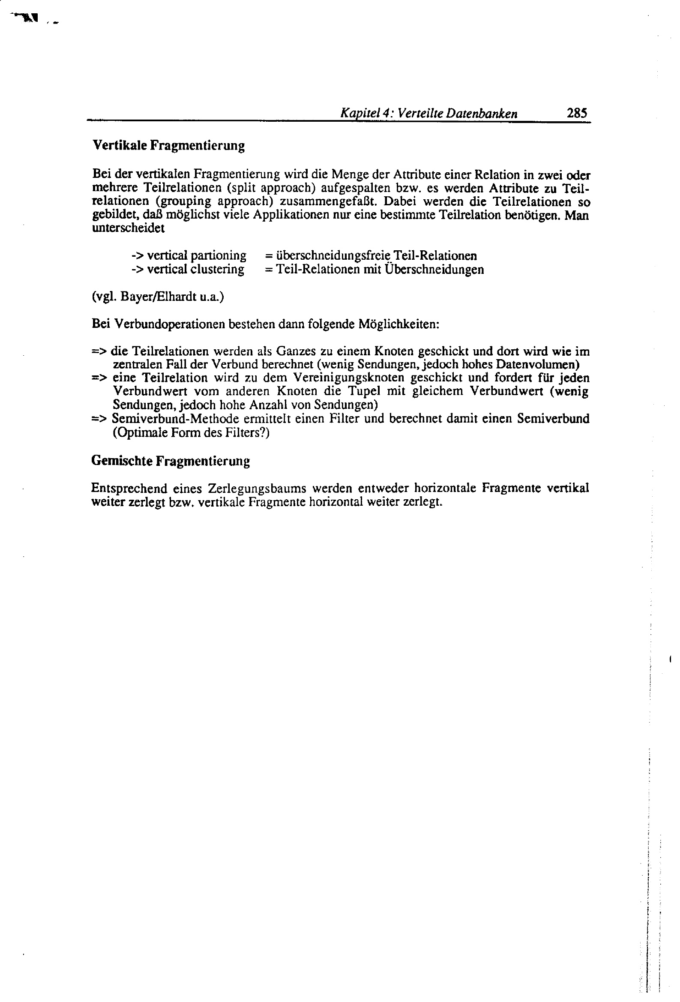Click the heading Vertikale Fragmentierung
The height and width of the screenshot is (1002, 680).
168,145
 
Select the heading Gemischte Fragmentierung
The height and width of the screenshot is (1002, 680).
171,461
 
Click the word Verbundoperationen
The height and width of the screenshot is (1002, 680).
169,324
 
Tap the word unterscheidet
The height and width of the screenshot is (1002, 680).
128,228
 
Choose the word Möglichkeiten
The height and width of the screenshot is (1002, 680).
399,324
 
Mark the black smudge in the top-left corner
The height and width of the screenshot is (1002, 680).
30,18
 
